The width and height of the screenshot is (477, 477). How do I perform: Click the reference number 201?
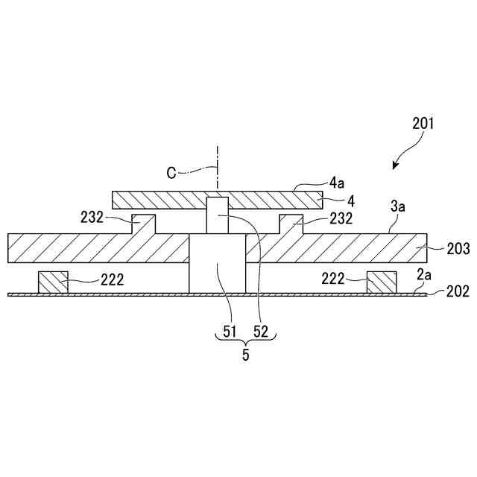point(423,124)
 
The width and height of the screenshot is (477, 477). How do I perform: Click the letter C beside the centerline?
point(171,173)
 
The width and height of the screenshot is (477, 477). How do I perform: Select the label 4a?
point(336,180)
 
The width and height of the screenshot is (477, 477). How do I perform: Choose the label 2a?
point(423,275)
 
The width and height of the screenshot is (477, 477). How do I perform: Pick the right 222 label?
point(334,279)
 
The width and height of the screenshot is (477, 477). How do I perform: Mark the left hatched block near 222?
point(53,282)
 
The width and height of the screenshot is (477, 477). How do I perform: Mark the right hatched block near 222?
point(382,282)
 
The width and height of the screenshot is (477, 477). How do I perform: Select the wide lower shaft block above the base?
point(217,265)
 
